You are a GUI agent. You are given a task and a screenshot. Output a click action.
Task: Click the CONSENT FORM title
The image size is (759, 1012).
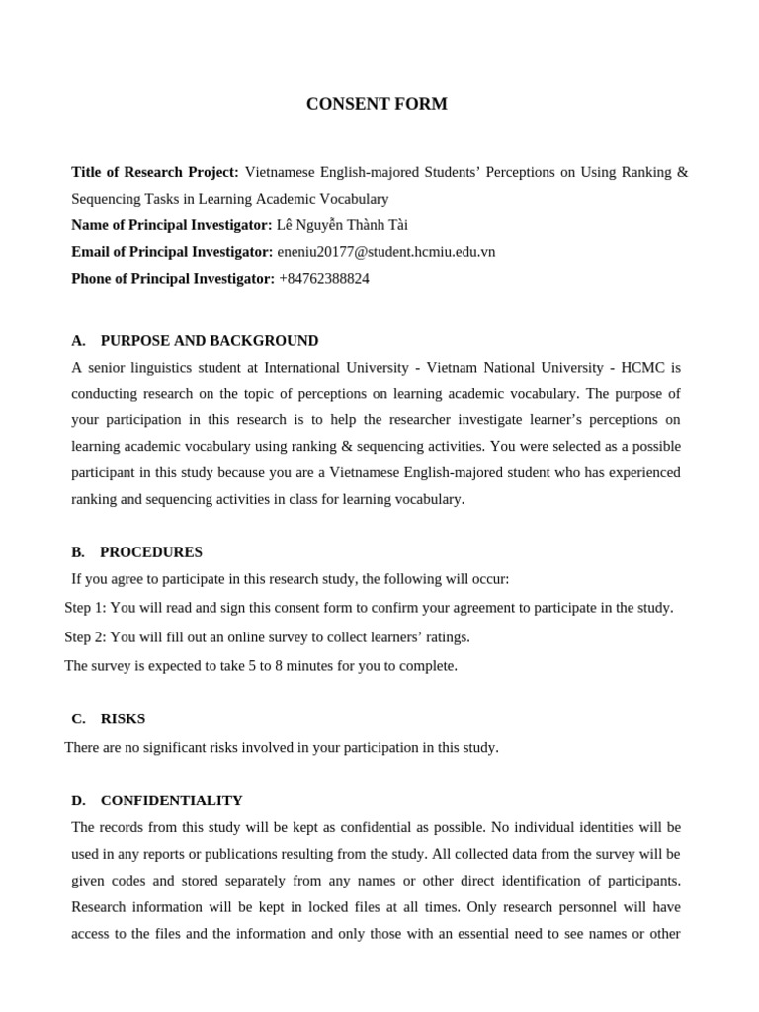tap(377, 104)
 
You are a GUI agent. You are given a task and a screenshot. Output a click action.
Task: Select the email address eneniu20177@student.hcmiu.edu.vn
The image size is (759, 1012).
tap(385, 252)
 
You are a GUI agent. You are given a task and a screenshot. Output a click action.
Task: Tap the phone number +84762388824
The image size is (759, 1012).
tap(323, 279)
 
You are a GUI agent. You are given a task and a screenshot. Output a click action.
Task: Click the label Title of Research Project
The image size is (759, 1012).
tap(155, 172)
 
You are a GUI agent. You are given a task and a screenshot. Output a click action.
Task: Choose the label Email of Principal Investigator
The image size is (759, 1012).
tap(172, 252)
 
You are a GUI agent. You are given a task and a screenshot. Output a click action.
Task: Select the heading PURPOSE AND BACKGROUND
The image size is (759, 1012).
tap(210, 341)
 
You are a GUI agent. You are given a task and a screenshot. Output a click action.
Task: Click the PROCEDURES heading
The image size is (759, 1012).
tap(151, 552)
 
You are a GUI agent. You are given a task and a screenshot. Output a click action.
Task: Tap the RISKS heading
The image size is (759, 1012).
tap(123, 718)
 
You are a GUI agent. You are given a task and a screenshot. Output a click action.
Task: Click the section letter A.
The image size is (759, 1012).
tap(78, 341)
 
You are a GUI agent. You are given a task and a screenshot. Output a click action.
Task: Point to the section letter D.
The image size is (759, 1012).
tap(78, 801)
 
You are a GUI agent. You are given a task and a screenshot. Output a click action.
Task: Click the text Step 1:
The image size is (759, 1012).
tap(85, 608)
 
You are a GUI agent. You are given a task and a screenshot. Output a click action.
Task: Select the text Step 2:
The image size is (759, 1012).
tap(85, 636)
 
